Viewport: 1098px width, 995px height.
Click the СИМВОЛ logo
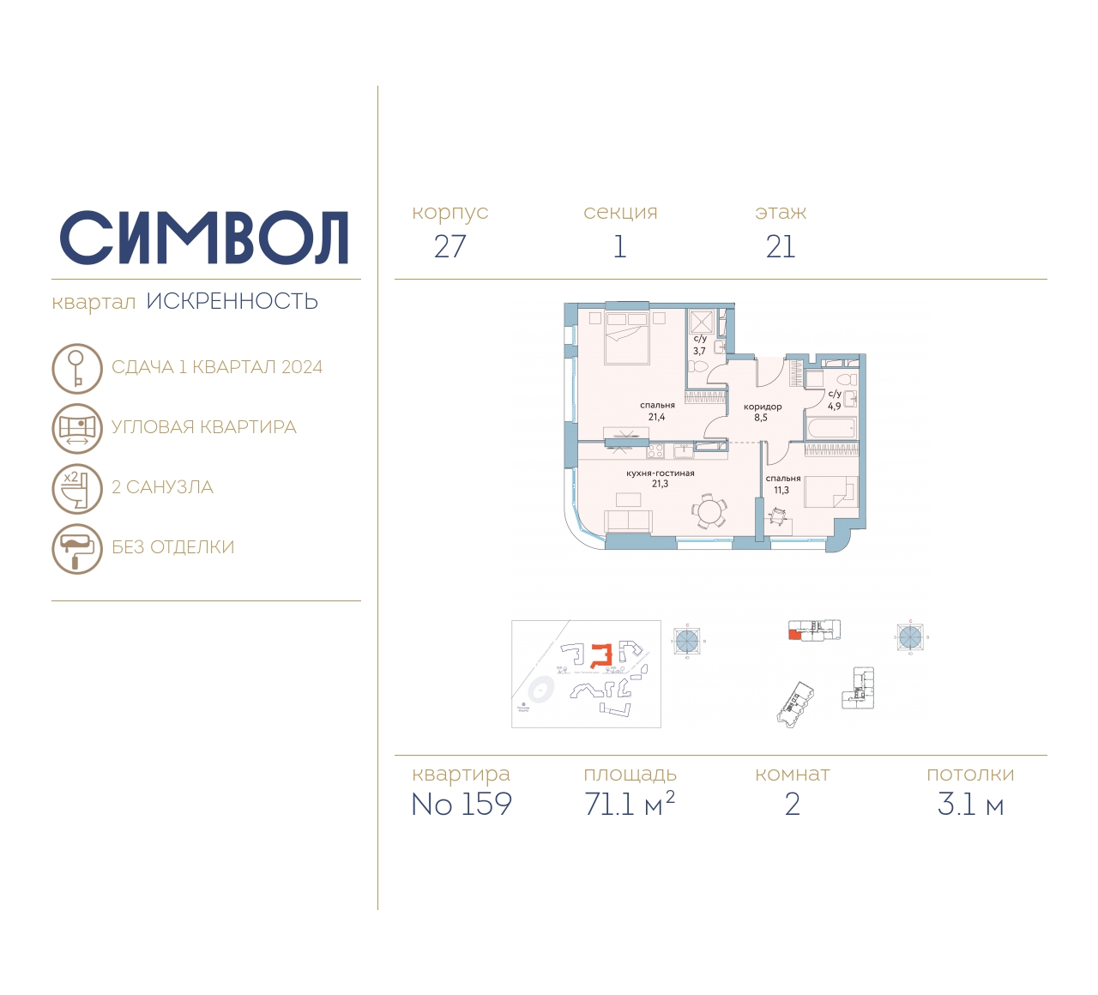[204, 238]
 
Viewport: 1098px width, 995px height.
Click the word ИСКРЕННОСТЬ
[232, 302]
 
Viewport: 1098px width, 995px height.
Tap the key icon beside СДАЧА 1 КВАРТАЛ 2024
[77, 368]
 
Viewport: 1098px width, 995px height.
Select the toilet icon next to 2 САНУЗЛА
[77, 488]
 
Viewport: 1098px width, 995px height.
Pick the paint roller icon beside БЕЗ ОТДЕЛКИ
[77, 548]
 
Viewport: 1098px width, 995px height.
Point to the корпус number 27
[449, 247]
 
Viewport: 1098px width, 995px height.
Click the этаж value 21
[781, 247]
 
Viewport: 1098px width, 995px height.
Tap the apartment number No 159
[462, 805]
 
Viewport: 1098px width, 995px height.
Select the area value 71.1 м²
[629, 805]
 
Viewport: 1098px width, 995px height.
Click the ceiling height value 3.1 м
[970, 805]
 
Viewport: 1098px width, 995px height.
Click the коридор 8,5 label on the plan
[762, 412]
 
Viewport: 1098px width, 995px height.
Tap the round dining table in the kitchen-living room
[709, 512]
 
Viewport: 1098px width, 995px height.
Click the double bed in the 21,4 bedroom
[626, 338]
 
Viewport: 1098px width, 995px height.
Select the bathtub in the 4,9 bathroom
[830, 427]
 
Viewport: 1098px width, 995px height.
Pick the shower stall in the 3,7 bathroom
[702, 322]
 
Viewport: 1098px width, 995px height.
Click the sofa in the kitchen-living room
[629, 521]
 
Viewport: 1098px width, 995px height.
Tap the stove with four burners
[655, 449]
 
